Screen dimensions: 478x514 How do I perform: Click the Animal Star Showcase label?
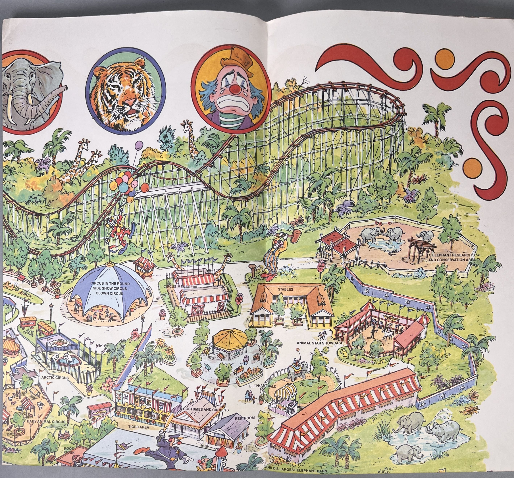click(x=320, y=343)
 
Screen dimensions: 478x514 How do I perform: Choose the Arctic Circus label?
click(x=55, y=378)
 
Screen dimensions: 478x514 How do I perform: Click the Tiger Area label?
click(x=139, y=427)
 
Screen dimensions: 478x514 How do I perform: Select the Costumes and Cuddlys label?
click(x=206, y=410)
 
